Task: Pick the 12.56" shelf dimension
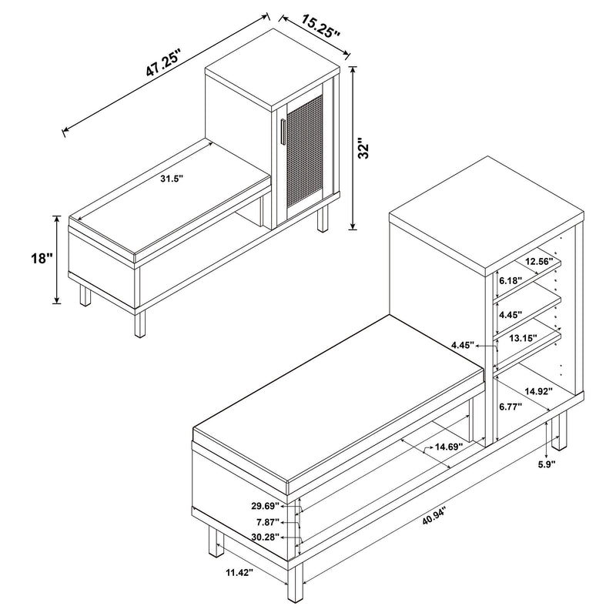(x=539, y=261)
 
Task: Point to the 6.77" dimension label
(x=511, y=405)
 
